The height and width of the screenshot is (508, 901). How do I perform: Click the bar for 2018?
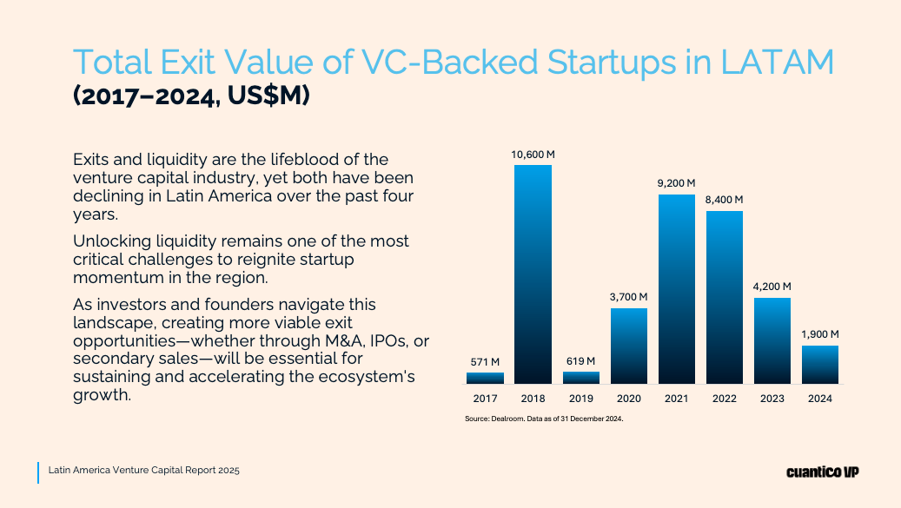click(533, 274)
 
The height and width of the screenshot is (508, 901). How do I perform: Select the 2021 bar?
click(677, 288)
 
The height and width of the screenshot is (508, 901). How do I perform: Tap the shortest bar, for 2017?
click(485, 378)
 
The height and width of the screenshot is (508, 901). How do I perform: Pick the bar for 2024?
click(820, 365)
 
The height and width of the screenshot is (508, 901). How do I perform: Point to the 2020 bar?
click(629, 346)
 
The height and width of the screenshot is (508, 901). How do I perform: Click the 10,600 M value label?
click(533, 155)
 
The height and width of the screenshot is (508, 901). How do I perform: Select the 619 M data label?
click(580, 361)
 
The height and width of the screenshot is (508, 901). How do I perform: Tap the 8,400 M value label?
click(725, 200)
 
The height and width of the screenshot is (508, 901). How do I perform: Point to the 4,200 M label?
click(772, 287)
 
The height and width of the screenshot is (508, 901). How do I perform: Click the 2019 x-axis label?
click(580, 399)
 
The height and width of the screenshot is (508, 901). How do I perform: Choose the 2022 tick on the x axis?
click(725, 399)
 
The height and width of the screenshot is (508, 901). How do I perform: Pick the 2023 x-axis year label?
click(772, 399)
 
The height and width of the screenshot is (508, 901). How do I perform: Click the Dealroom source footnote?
click(545, 419)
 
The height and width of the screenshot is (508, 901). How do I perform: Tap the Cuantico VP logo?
click(822, 472)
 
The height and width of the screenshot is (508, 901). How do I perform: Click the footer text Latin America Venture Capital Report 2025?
click(144, 470)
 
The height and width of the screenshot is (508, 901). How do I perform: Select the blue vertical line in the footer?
click(38, 472)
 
